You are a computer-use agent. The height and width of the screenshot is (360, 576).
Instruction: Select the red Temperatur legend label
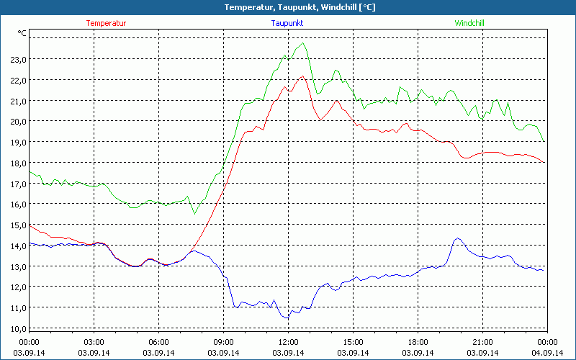[x=106, y=23]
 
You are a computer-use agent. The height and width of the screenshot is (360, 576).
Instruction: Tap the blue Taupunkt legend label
[x=287, y=23]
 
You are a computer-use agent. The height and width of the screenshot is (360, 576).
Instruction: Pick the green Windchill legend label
[x=469, y=23]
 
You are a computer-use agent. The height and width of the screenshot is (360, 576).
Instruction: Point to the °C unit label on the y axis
[x=22, y=33]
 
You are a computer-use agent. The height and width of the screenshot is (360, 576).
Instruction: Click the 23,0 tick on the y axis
[x=18, y=60]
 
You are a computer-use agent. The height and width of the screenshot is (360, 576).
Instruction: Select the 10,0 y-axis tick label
[x=18, y=329]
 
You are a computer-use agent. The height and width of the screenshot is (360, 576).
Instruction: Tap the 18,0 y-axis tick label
[x=18, y=163]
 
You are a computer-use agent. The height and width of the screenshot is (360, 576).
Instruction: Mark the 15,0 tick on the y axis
[x=18, y=225]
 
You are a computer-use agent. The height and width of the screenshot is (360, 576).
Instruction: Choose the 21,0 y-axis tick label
[x=18, y=101]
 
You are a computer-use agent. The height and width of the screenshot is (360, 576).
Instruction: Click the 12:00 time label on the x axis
[x=288, y=342]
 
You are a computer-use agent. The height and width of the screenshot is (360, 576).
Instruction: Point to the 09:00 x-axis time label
[x=223, y=342]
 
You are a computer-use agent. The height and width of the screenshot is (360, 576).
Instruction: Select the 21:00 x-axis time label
[x=482, y=342]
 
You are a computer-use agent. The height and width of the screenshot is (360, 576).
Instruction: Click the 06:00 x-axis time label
[x=158, y=342]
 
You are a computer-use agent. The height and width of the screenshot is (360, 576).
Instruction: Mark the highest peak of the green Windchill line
[x=304, y=43]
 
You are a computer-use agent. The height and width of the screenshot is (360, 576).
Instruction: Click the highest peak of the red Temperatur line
[x=302, y=76]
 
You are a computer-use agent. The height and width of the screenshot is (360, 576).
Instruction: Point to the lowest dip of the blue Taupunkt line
[x=287, y=318]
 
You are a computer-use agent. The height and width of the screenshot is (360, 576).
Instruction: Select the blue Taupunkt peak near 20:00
[x=457, y=238]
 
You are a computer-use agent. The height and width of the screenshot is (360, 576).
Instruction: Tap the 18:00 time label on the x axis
[x=418, y=342]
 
